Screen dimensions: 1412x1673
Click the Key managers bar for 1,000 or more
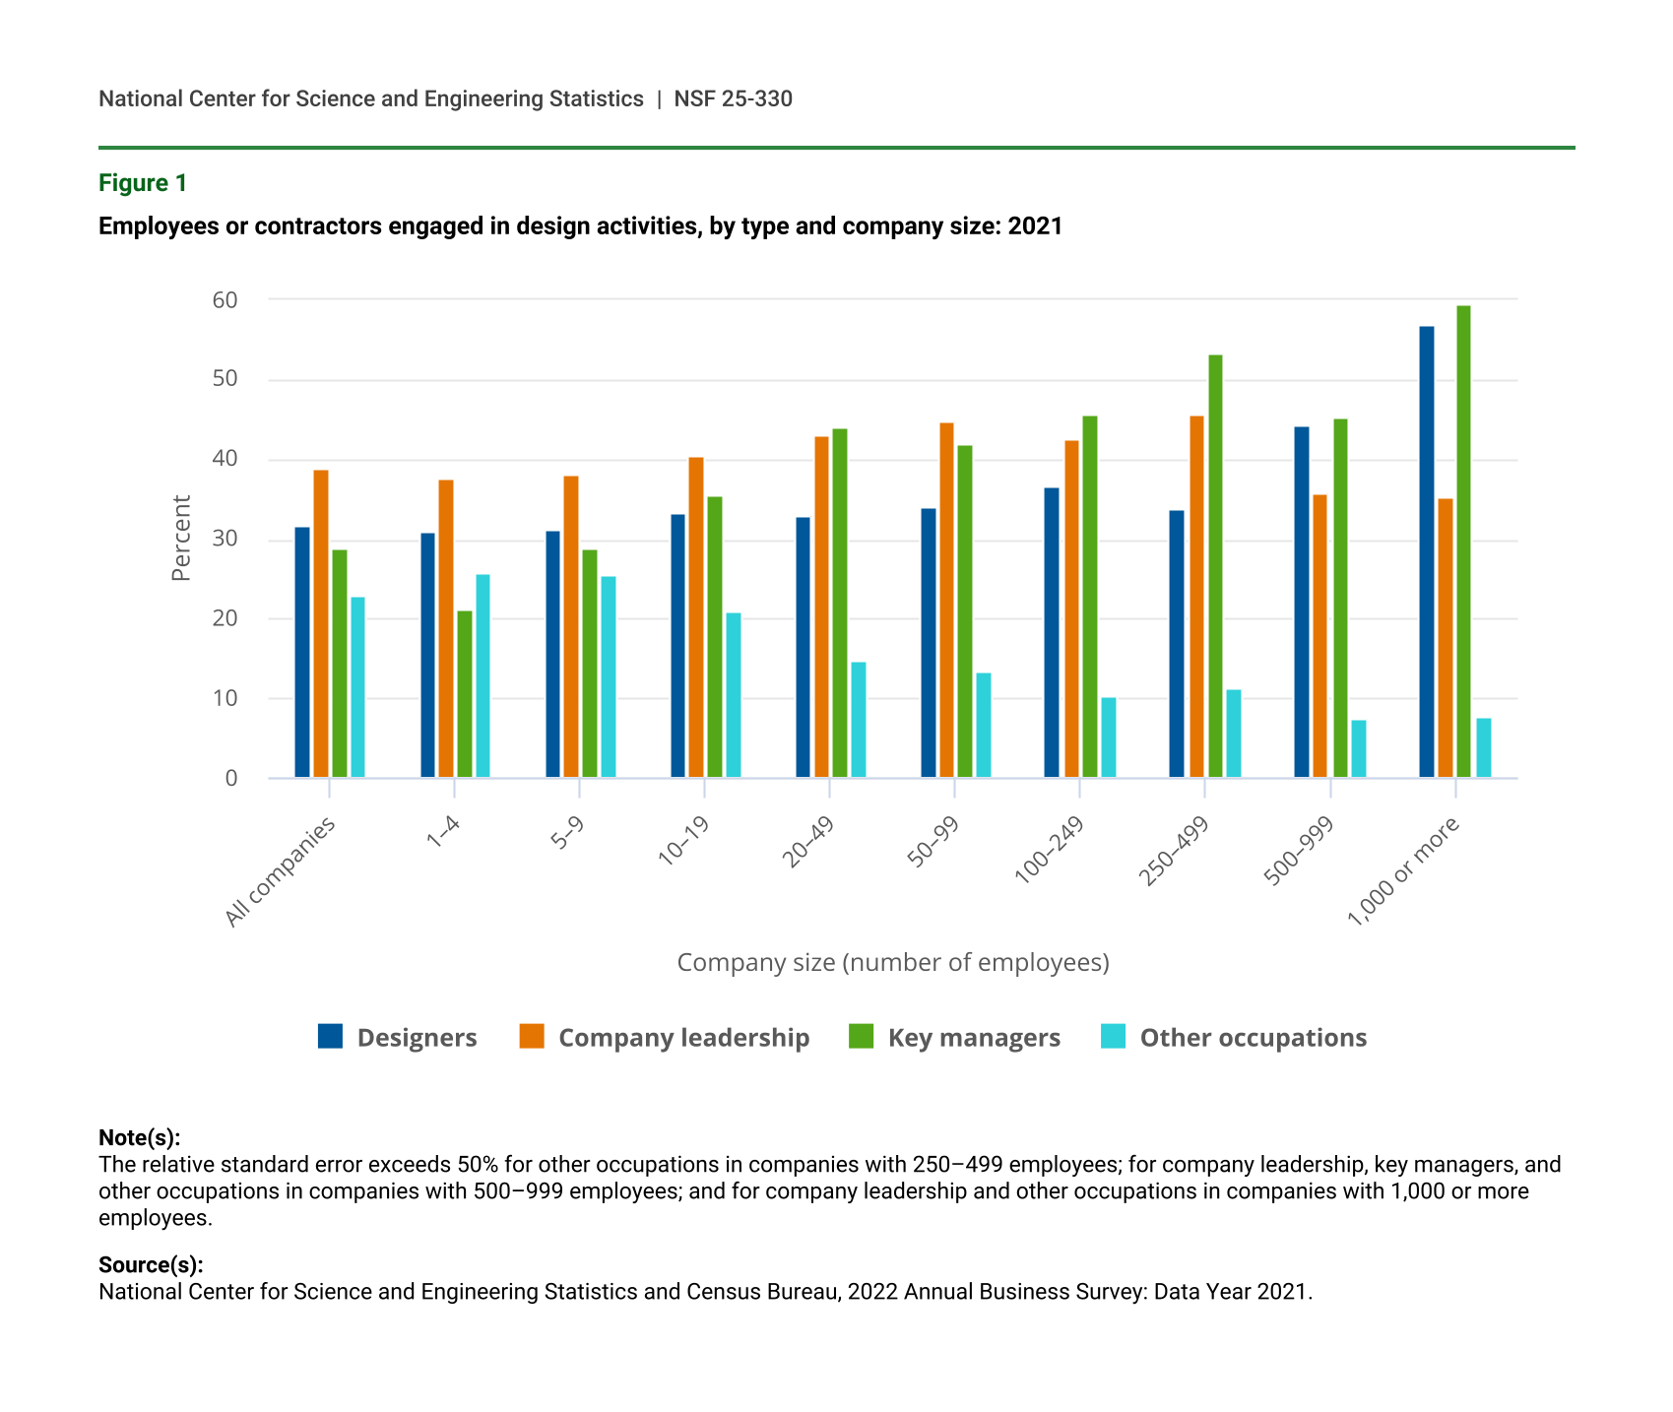pos(1463,542)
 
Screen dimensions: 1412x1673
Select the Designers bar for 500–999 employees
pos(1302,603)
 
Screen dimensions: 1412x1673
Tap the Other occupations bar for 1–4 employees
pos(483,676)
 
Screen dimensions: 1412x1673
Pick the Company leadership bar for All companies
pos(321,624)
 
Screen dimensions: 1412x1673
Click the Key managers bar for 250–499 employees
pos(1215,566)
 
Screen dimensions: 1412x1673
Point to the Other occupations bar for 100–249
pos(1109,738)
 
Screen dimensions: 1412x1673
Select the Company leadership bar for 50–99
pos(946,601)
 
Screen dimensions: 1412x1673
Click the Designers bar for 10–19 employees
pos(677,646)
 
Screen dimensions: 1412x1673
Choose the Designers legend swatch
pos(331,1036)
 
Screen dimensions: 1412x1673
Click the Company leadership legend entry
pos(683,1038)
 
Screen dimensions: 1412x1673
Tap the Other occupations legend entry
pos(1253,1038)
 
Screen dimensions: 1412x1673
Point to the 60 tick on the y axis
pos(225,300)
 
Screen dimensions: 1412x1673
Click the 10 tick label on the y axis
pos(225,699)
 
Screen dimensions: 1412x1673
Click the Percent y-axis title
pos(181,538)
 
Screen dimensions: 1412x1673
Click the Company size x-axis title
pos(893,962)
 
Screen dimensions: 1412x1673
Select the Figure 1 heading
pos(143,183)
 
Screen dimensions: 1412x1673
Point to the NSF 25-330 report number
pos(733,98)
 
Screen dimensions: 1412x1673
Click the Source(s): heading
pos(151,1264)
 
